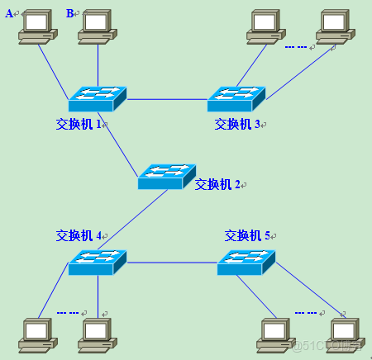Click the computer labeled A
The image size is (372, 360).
[38, 26]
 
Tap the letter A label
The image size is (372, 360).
[10, 12]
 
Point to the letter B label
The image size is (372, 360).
[70, 12]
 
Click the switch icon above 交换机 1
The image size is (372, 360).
[98, 99]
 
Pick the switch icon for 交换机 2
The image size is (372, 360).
[166, 175]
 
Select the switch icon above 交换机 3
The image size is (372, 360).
[236, 99]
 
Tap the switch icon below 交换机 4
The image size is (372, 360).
[98, 263]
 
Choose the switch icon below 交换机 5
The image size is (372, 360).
[246, 263]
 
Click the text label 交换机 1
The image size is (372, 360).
[78, 124]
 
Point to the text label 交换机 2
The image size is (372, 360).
[217, 184]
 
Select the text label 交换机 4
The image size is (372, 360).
[78, 235]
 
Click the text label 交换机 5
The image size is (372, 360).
[248, 235]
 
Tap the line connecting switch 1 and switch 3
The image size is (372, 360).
[165, 99]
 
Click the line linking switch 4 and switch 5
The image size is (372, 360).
[171, 263]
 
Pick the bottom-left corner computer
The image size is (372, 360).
[38, 333]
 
